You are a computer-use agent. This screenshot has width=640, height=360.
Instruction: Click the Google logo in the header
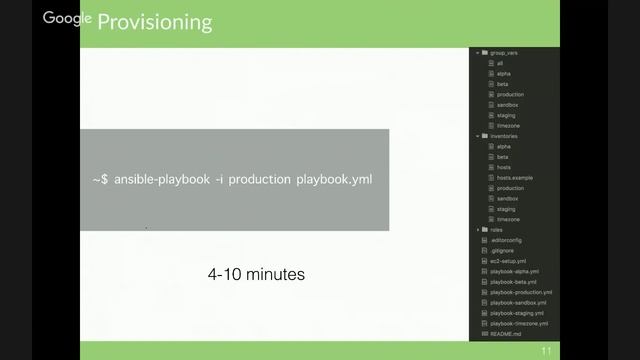[67, 18]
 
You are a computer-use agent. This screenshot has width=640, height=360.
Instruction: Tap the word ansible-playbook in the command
[159, 179]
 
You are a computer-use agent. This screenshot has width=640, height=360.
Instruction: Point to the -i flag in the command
[221, 179]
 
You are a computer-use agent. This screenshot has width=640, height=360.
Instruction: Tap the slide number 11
[546, 351]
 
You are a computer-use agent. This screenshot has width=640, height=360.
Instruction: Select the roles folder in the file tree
[496, 229]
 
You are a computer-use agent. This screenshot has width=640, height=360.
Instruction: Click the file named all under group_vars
[500, 63]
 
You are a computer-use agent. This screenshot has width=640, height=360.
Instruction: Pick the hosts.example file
[514, 177]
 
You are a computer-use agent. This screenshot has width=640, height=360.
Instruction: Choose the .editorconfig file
[507, 240]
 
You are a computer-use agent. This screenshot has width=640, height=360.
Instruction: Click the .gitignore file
[502, 250]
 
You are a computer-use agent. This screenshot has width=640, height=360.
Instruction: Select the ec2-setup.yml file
[508, 261]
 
